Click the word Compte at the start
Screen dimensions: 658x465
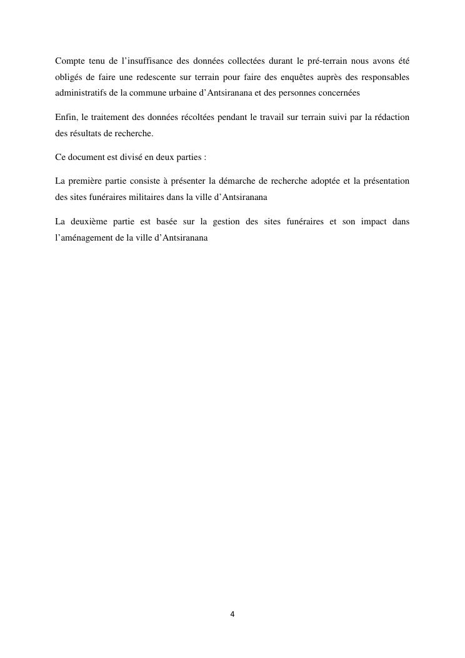(69, 61)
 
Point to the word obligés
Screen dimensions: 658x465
(69, 77)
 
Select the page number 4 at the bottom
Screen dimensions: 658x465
(232, 614)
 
